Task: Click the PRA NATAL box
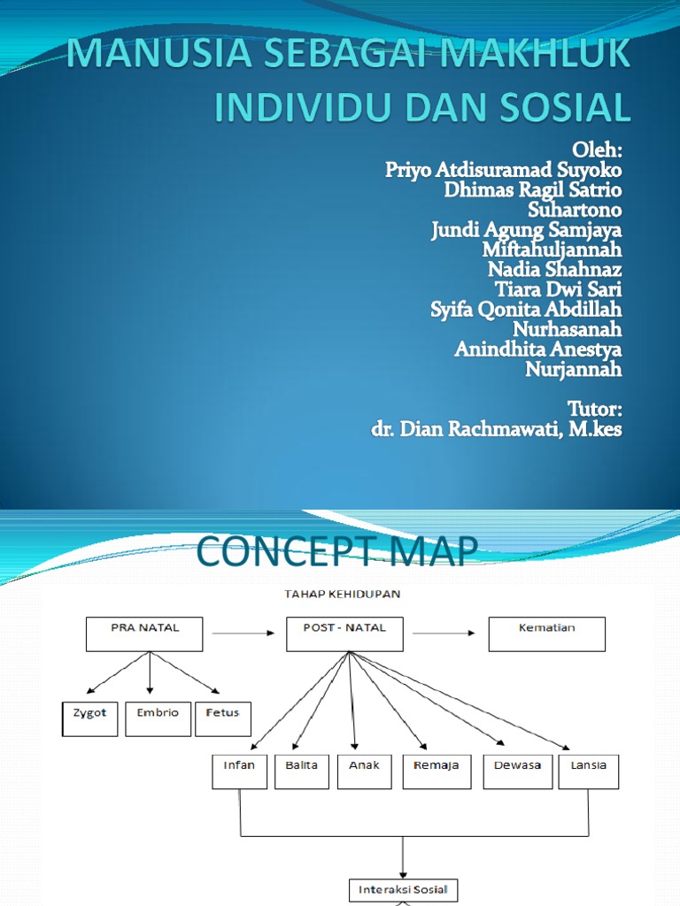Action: (144, 634)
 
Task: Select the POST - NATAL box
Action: (344, 634)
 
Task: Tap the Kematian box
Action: (546, 634)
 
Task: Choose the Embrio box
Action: (158, 718)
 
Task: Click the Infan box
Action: (239, 771)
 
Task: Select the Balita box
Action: (302, 771)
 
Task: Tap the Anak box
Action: (364, 771)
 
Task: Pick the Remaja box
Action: (437, 771)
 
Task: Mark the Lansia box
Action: (589, 771)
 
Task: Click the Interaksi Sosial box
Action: (403, 889)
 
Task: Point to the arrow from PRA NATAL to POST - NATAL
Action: (244, 633)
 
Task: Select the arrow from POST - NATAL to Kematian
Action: (445, 633)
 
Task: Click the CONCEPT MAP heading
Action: (336, 552)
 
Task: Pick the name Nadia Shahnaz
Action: (554, 269)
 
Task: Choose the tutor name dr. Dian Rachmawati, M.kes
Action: (497, 431)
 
